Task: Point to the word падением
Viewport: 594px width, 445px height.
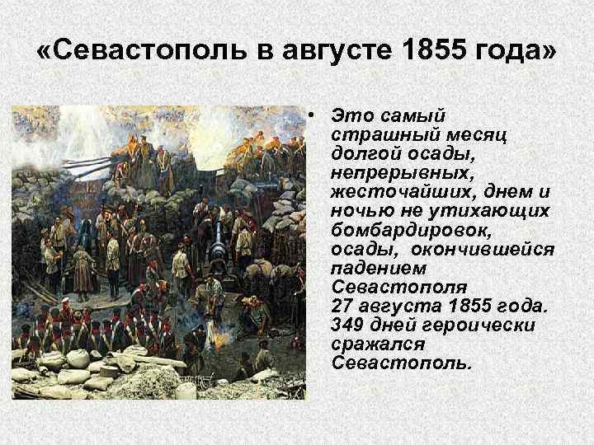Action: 371,268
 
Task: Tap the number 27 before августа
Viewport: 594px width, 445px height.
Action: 342,306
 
